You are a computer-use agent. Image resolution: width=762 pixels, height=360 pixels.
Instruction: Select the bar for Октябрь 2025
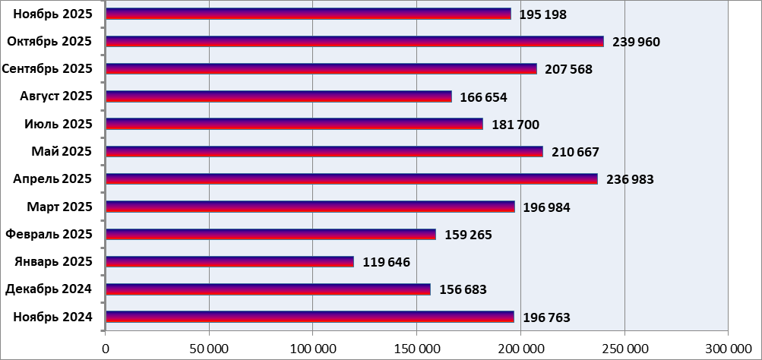tap(354, 41)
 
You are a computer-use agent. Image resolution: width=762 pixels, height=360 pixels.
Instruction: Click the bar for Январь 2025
tap(229, 262)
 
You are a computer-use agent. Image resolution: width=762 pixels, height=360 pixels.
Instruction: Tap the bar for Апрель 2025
tap(351, 179)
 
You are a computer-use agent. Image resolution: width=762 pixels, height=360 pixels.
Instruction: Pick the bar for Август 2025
tap(278, 96)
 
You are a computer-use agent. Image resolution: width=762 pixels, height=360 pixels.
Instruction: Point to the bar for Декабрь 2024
tap(267, 289)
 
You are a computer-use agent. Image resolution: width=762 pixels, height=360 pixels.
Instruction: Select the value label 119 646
tap(386, 262)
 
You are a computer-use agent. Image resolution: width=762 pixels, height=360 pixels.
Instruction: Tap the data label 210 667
tap(575, 152)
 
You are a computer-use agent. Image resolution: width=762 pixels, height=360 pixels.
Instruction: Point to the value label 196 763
tap(546, 317)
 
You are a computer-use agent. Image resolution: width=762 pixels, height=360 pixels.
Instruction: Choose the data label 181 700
tap(515, 125)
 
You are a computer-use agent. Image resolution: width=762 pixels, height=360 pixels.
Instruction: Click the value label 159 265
tap(468, 235)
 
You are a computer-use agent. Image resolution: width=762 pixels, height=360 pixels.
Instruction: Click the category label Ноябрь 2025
tap(52, 14)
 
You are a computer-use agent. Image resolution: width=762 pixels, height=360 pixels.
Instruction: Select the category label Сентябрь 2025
tap(47, 69)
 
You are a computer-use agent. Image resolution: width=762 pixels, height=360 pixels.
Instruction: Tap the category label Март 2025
tap(59, 207)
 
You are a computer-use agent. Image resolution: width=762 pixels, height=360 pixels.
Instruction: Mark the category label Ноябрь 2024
tap(52, 317)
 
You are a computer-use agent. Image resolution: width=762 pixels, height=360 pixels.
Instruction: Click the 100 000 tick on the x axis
tap(313, 349)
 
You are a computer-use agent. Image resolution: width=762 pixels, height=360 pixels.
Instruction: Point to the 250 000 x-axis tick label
tap(624, 349)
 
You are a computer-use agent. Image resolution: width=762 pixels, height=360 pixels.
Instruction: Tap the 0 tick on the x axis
tap(106, 349)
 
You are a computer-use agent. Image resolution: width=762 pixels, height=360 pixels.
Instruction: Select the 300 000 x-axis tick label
tap(727, 349)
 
